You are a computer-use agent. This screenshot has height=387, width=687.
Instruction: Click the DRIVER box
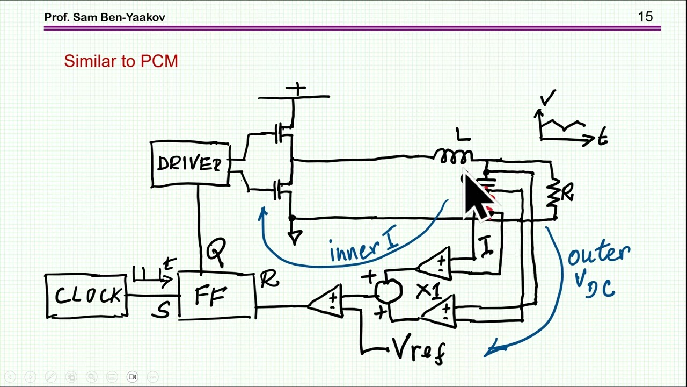[x=190, y=164]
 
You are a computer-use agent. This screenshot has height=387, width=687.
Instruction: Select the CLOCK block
[x=86, y=296]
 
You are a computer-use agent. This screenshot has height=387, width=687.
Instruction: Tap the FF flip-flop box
[x=216, y=296]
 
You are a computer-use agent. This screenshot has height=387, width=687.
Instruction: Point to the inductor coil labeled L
[x=454, y=156]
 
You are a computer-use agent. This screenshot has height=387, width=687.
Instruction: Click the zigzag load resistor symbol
[x=553, y=196]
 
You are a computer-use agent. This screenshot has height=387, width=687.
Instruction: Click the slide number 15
[x=645, y=17]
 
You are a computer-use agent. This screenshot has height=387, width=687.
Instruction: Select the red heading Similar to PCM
[x=121, y=61]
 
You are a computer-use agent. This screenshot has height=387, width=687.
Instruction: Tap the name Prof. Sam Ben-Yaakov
[x=105, y=17]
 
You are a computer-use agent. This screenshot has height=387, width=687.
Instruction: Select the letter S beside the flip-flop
[x=162, y=309]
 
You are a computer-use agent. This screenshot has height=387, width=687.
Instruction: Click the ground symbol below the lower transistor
[x=295, y=236]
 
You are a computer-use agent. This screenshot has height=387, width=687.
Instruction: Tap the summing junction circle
[x=388, y=290]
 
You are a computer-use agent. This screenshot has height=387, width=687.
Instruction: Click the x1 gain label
[x=429, y=291]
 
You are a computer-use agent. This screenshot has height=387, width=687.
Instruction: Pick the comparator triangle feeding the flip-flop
[x=326, y=302]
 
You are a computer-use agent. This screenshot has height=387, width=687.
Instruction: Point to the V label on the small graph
[x=548, y=98]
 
